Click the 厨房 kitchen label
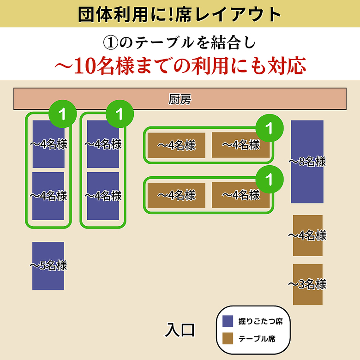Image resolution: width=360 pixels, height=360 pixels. pyautogui.click(x=180, y=99)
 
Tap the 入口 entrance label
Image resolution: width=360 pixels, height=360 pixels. pyautogui.click(x=180, y=330)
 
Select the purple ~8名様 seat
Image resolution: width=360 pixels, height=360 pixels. pyautogui.click(x=307, y=162)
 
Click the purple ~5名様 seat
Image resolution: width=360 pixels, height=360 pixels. pyautogui.click(x=48, y=266)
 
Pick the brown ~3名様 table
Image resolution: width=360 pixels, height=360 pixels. pyautogui.click(x=307, y=284)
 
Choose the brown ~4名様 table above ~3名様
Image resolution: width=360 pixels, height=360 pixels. pyautogui.click(x=307, y=235)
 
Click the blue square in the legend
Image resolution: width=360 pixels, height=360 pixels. pyautogui.click(x=228, y=321)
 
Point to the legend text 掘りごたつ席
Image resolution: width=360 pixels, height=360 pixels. pyautogui.click(x=260, y=321)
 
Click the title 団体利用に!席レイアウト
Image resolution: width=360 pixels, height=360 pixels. pyautogui.click(x=180, y=14)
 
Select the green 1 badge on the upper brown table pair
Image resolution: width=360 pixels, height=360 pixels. pyautogui.click(x=269, y=127)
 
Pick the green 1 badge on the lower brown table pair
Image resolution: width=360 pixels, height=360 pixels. pyautogui.click(x=269, y=178)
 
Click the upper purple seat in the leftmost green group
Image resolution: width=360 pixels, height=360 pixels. pyautogui.click(x=48, y=144)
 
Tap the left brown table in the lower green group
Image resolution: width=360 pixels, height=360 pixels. pyautogui.click(x=176, y=195)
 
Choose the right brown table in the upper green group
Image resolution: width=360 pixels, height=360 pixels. pyautogui.click(x=240, y=145)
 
